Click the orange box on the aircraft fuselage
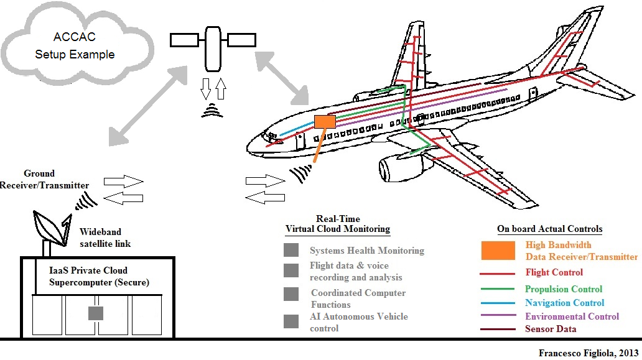[x=325, y=121]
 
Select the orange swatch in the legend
[x=498, y=251]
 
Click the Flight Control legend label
[x=554, y=272]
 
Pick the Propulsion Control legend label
[x=564, y=289]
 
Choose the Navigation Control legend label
[x=564, y=303]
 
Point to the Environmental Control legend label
[x=572, y=316]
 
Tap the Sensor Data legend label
[x=551, y=329]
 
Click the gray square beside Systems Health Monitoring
[x=291, y=251]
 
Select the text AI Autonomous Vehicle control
[x=358, y=322]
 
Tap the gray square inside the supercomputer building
[x=95, y=313]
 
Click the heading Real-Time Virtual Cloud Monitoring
[x=338, y=224]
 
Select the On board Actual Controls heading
[x=549, y=229]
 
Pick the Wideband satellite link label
[x=105, y=237]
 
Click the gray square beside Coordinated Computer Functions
[x=291, y=294]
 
